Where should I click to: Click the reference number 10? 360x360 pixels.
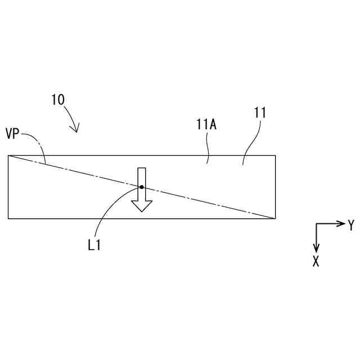click(x=58, y=100)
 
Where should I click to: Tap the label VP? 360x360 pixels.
click(x=12, y=135)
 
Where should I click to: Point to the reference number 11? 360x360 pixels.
click(x=260, y=112)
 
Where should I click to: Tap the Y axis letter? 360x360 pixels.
click(x=351, y=226)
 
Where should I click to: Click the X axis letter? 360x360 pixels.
click(x=316, y=261)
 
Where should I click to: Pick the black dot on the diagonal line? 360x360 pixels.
click(x=142, y=187)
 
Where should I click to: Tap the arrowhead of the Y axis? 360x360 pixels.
click(x=341, y=224)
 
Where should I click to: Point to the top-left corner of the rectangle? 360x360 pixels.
click(x=8, y=155)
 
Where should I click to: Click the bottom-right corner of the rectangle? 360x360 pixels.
click(x=275, y=218)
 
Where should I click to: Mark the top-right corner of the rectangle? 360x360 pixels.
click(x=275, y=155)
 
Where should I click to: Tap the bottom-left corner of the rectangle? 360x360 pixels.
click(x=8, y=218)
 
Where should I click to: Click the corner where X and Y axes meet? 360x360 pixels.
click(x=316, y=224)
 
